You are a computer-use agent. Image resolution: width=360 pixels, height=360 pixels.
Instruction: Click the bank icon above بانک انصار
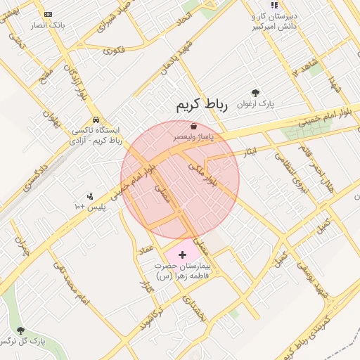tap(48, 14)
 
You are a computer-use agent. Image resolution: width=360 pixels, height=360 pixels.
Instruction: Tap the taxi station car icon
tap(95, 120)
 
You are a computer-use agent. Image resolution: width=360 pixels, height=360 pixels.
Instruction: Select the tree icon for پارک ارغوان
tap(255, 93)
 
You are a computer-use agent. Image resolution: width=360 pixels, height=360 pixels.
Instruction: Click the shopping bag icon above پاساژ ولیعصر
tap(184, 127)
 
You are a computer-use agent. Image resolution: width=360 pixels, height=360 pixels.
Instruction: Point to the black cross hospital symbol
tap(183, 255)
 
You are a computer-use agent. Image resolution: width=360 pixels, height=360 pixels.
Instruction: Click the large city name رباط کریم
tap(202, 106)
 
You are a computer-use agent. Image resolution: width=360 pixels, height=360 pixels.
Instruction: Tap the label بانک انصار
tap(48, 25)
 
